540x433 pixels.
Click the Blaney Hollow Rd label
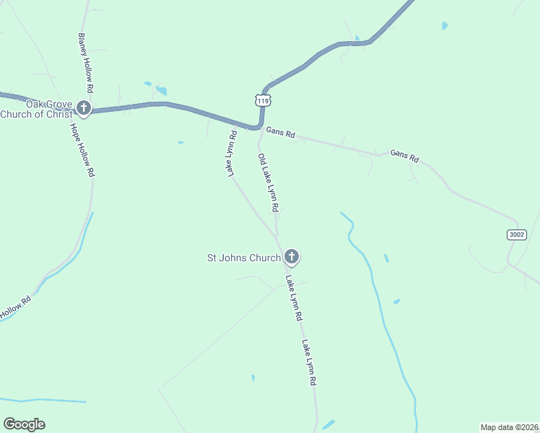tap(85, 62)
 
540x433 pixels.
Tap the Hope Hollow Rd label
tap(82, 150)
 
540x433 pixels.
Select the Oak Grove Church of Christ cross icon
tap(84, 109)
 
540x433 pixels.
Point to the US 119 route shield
tap(264, 101)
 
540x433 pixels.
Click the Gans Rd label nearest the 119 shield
tap(281, 134)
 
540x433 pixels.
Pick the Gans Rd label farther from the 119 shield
tap(404, 155)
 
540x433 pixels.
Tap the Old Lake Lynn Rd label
tap(268, 182)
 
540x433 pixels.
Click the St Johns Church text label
tap(244, 257)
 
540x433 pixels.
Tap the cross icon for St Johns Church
tap(292, 256)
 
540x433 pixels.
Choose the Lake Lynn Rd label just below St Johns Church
tap(293, 297)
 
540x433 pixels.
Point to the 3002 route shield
tap(516, 235)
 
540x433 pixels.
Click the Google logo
tap(24, 424)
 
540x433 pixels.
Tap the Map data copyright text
tap(510, 427)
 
